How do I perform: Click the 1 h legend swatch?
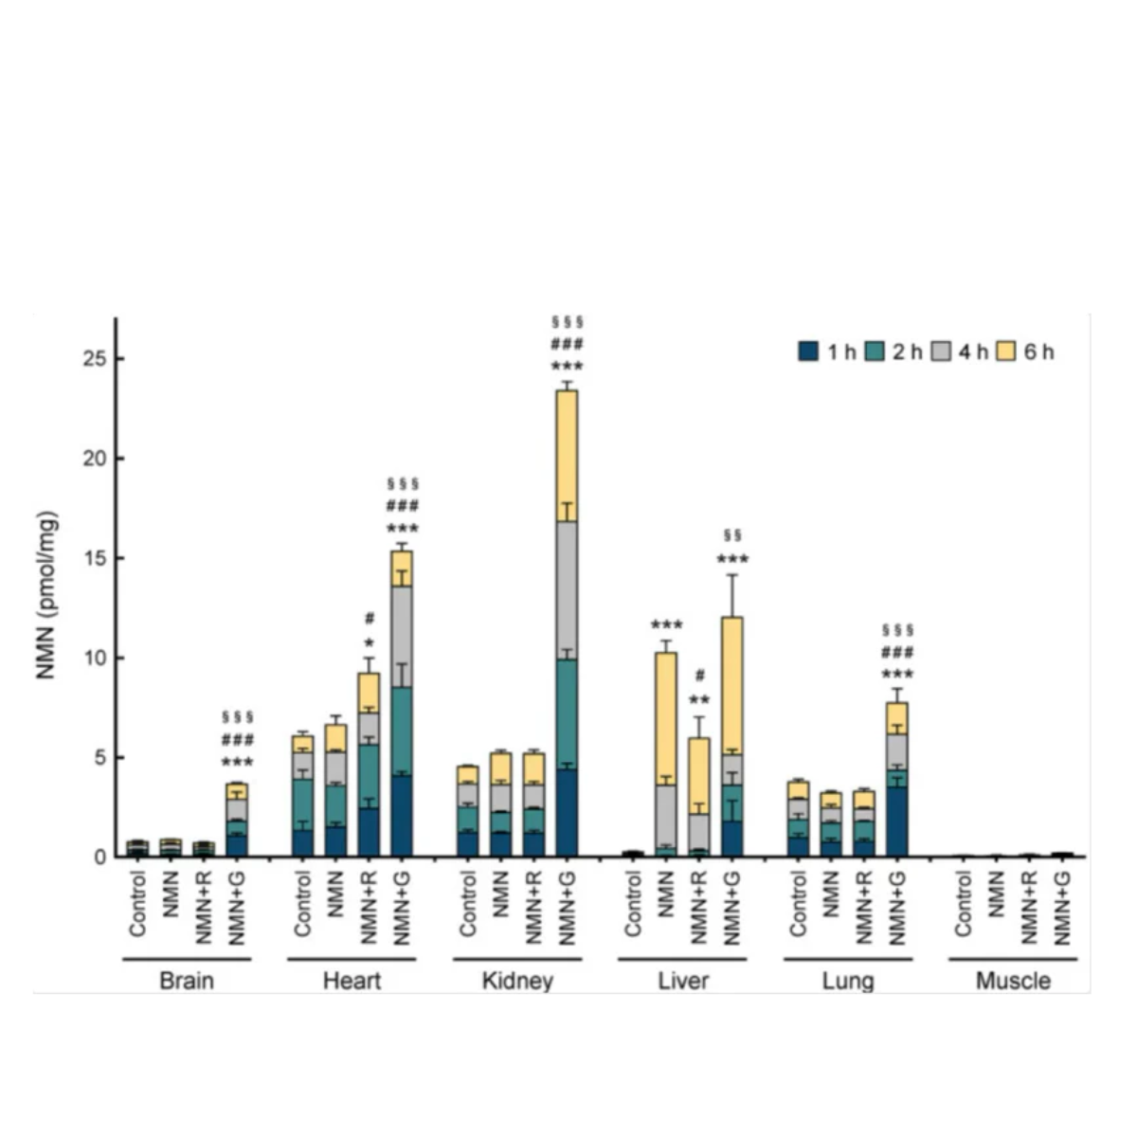pos(808,352)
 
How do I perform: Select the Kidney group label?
pos(517,981)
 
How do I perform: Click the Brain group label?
pos(187,981)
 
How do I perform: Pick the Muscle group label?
pos(1013,981)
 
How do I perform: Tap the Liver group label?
pos(683,981)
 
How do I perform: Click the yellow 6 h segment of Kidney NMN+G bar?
pos(567,455)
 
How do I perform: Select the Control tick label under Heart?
pos(302,904)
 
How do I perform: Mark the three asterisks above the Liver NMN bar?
pos(666,625)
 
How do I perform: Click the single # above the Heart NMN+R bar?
pos(369,620)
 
